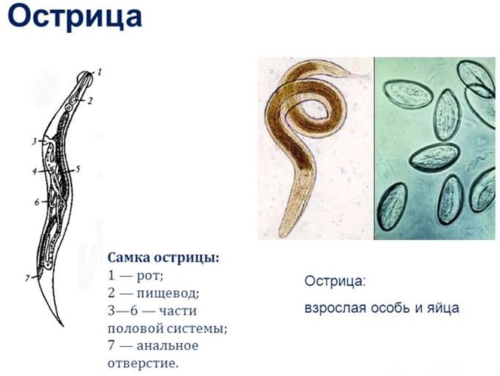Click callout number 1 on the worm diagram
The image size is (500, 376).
[x=100, y=72]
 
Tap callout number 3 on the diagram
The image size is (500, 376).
[x=34, y=141]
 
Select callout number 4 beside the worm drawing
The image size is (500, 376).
[x=34, y=171]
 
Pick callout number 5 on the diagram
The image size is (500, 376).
[x=78, y=170]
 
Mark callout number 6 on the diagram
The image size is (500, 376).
[x=36, y=202]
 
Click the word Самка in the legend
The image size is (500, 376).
[x=129, y=258]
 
